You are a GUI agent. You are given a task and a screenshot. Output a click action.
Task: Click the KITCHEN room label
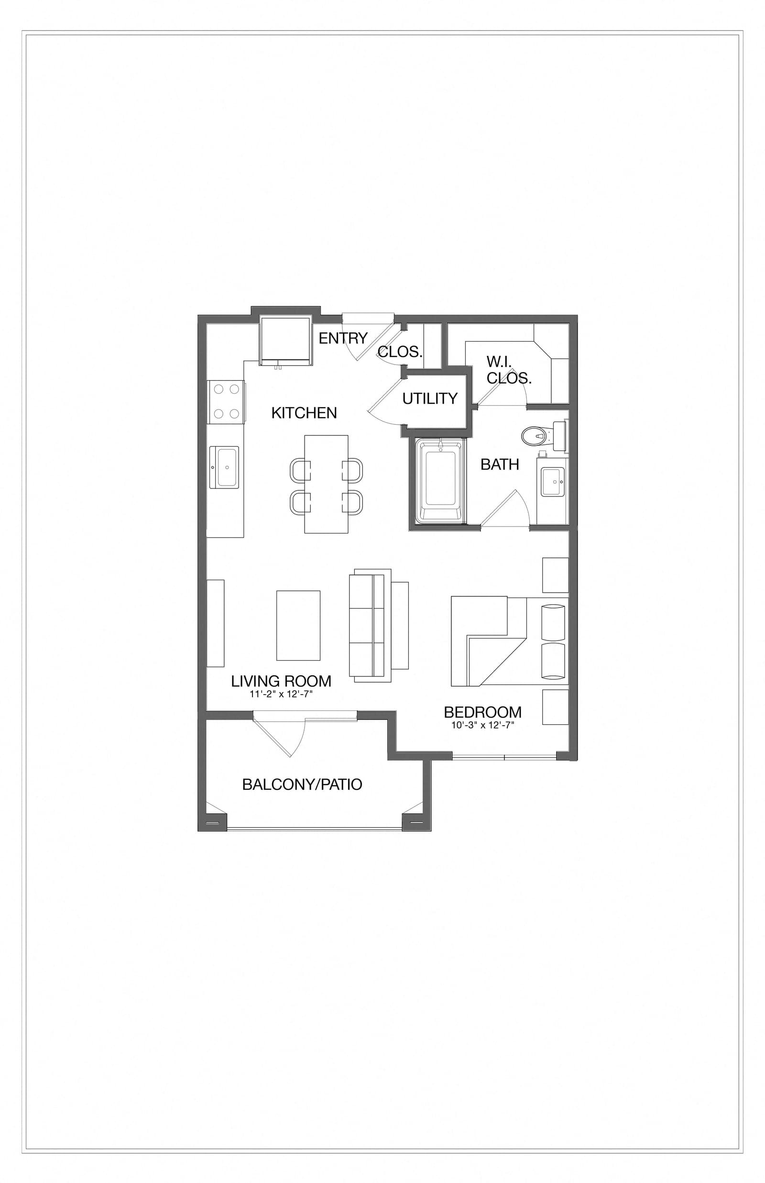[304, 413]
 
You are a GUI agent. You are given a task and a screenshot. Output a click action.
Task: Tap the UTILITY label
[430, 398]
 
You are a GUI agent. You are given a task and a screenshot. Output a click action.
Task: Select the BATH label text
[500, 464]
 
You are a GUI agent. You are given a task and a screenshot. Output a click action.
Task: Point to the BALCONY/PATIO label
[302, 785]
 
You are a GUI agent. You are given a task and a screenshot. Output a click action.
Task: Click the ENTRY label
[343, 338]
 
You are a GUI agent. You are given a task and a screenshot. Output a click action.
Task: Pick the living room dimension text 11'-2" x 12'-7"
[281, 694]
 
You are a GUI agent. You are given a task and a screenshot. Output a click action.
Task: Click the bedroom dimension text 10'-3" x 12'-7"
[482, 725]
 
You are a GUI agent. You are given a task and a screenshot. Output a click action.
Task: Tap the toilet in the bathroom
[535, 436]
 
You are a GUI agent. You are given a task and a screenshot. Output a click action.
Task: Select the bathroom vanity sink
[553, 481]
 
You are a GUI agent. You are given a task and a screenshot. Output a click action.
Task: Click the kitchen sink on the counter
[224, 467]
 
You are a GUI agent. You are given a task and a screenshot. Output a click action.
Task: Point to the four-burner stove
[226, 402]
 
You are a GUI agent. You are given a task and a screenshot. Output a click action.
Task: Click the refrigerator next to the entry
[285, 340]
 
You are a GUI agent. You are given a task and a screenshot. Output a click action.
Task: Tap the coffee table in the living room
[298, 626]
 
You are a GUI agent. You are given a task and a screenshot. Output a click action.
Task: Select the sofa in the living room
[370, 626]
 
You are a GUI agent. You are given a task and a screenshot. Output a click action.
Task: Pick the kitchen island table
[326, 484]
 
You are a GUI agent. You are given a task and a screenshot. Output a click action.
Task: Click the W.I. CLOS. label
[508, 370]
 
